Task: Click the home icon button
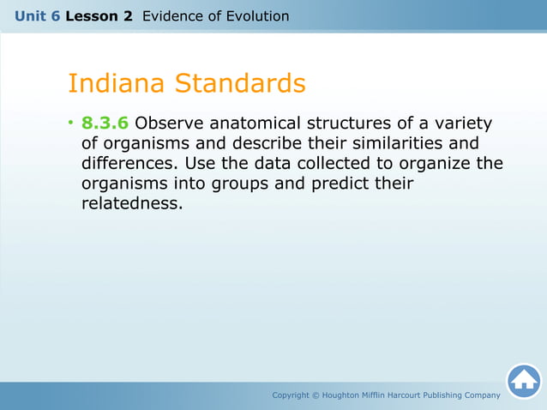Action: (x=523, y=381)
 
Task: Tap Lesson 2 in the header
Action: (x=99, y=16)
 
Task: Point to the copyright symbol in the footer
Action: (x=316, y=395)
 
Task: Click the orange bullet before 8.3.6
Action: (x=72, y=124)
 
